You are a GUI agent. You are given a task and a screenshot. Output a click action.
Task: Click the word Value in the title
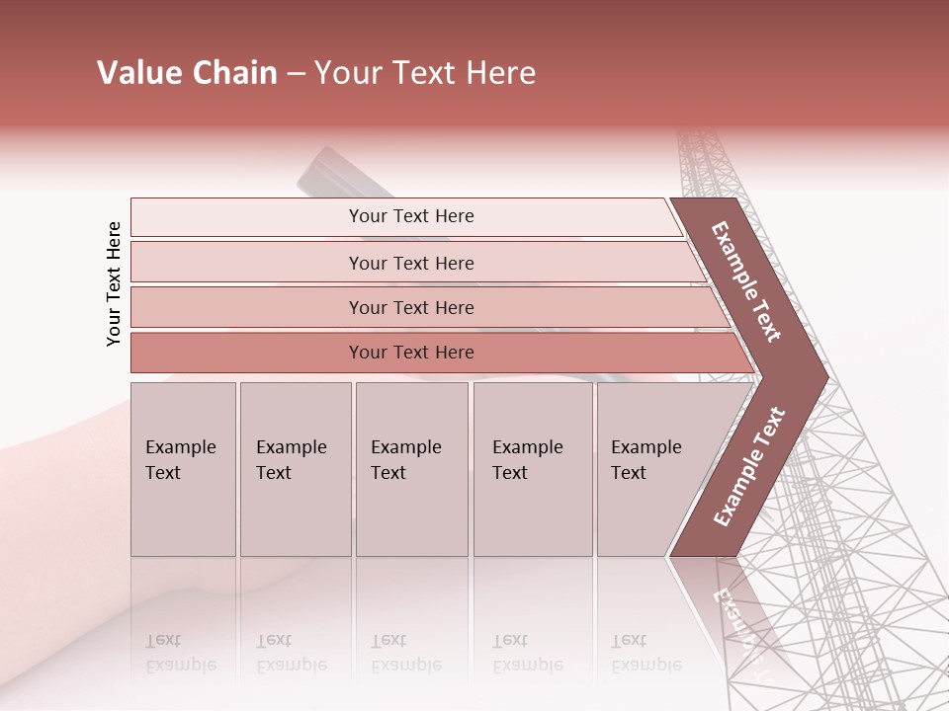[136, 73]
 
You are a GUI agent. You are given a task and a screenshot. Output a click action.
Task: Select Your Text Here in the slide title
[425, 73]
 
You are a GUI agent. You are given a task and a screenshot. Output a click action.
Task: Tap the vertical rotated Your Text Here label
[114, 284]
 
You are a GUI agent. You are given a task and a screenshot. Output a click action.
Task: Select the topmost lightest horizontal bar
[410, 217]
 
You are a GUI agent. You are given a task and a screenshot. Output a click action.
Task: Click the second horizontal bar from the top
[410, 263]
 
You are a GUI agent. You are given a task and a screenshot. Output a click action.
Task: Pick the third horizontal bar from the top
[410, 308]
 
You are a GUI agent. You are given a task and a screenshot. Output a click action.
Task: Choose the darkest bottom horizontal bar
[410, 353]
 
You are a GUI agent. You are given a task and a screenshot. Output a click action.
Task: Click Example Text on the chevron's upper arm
[746, 281]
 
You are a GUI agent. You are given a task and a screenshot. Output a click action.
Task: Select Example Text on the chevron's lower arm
[749, 466]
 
